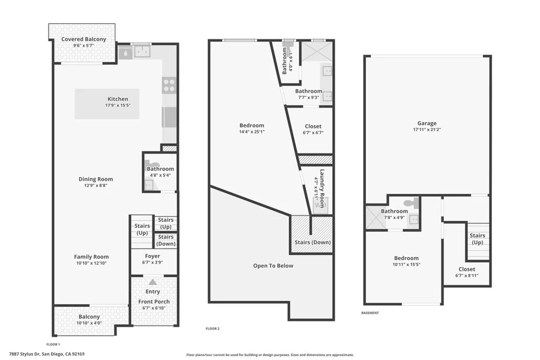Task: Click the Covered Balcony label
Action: [83, 39]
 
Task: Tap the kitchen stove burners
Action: [169, 85]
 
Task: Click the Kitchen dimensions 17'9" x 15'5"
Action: [118, 105]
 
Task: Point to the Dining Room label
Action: [95, 179]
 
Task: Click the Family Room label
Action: [91, 257]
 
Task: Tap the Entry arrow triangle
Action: [152, 282]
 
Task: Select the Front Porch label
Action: [153, 301]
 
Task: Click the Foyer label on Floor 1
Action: [152, 256]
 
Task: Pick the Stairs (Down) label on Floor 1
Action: [166, 240]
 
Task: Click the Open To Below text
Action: [273, 266]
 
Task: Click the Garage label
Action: [427, 123]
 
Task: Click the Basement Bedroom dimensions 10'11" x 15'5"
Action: [406, 265]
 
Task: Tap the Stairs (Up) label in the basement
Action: [477, 239]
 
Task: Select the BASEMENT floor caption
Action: [370, 313]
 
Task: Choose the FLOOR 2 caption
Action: [213, 328]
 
